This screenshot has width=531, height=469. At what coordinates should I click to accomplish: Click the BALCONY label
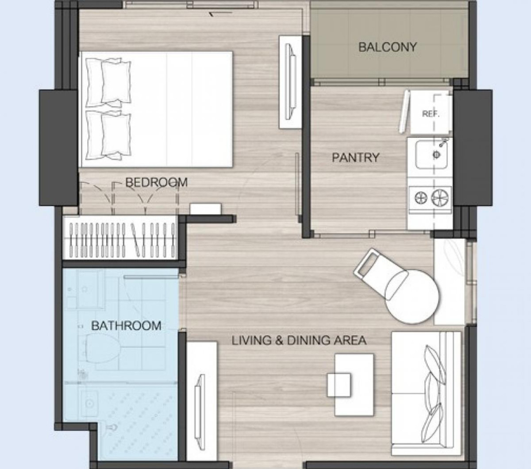(x=388, y=47)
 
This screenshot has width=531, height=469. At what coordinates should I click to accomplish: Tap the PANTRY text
(x=355, y=158)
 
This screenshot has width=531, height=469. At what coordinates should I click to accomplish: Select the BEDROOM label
(x=156, y=182)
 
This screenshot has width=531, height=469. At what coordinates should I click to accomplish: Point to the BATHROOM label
(x=126, y=326)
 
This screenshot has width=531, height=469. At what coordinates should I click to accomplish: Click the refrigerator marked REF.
(x=430, y=113)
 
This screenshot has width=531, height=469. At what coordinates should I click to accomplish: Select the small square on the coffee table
(x=339, y=384)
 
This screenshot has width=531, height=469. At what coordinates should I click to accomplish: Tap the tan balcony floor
(x=388, y=62)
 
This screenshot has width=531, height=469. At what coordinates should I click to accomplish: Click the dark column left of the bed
(x=58, y=147)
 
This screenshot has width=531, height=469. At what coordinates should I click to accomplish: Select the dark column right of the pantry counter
(x=473, y=147)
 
